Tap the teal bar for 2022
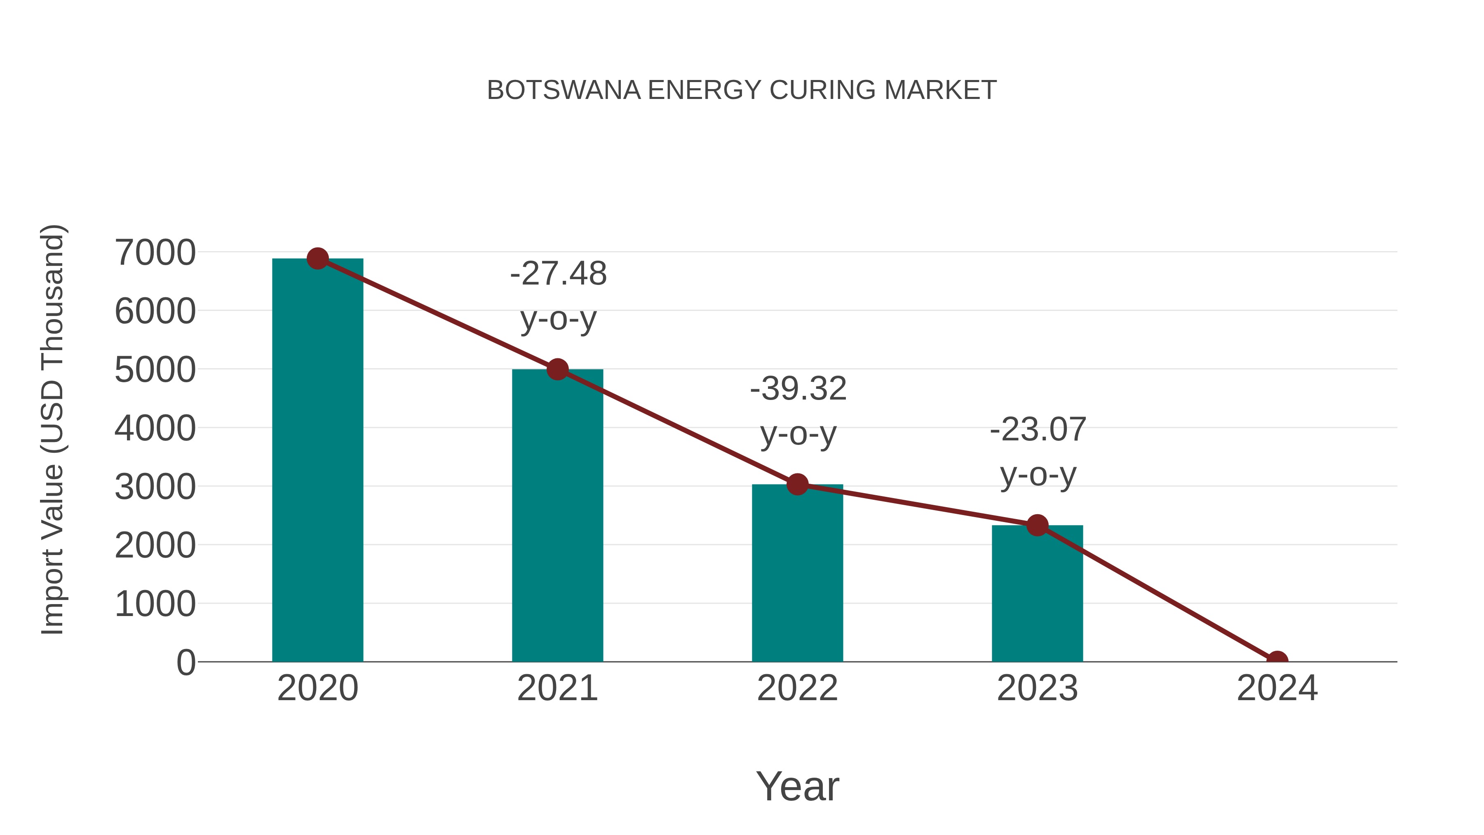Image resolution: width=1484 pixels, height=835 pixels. click(x=797, y=576)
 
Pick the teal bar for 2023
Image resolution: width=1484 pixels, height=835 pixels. click(x=1037, y=596)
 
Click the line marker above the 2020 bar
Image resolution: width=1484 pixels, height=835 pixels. click(x=317, y=259)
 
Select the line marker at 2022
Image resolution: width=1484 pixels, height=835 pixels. click(x=797, y=485)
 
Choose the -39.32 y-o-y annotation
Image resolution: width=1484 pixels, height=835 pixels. click(x=798, y=410)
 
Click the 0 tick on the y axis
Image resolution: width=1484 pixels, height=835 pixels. click(x=185, y=662)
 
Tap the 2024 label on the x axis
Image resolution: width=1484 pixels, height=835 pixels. click(x=1277, y=688)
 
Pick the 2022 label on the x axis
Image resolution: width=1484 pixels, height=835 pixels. click(x=797, y=688)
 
